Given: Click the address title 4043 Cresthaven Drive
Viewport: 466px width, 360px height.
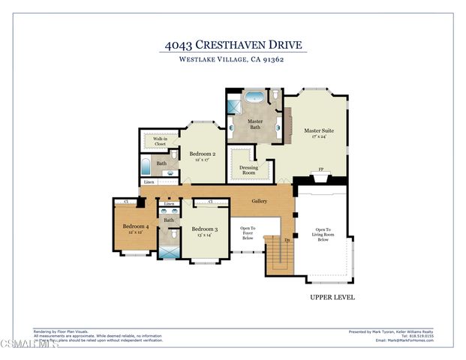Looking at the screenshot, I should coord(233,45).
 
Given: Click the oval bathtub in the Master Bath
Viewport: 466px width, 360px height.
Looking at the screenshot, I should coord(257,97).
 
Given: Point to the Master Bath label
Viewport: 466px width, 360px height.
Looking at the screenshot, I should coord(256,124).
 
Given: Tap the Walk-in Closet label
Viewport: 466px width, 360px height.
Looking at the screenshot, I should coord(160,141).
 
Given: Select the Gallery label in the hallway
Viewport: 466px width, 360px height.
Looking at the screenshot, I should coord(260,201).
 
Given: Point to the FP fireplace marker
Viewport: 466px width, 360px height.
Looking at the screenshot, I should coord(321,170).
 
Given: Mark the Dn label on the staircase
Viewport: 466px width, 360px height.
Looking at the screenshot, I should coord(287,240).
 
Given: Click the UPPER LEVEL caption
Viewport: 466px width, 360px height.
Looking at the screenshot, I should coord(332,298).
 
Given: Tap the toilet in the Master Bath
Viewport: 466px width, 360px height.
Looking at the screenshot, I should coord(275,95).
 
